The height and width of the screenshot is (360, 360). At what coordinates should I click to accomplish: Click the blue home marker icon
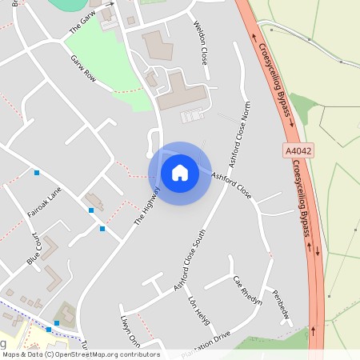click(x=180, y=173)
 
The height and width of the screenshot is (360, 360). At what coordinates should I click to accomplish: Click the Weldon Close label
click(x=201, y=44)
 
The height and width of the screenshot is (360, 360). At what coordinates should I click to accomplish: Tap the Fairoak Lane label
click(x=44, y=204)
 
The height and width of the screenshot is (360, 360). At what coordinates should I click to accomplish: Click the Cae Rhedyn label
click(x=247, y=291)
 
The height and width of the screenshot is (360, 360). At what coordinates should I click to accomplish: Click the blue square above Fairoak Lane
click(x=36, y=173)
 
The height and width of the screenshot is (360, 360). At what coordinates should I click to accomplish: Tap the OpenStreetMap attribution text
click(x=81, y=354)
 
